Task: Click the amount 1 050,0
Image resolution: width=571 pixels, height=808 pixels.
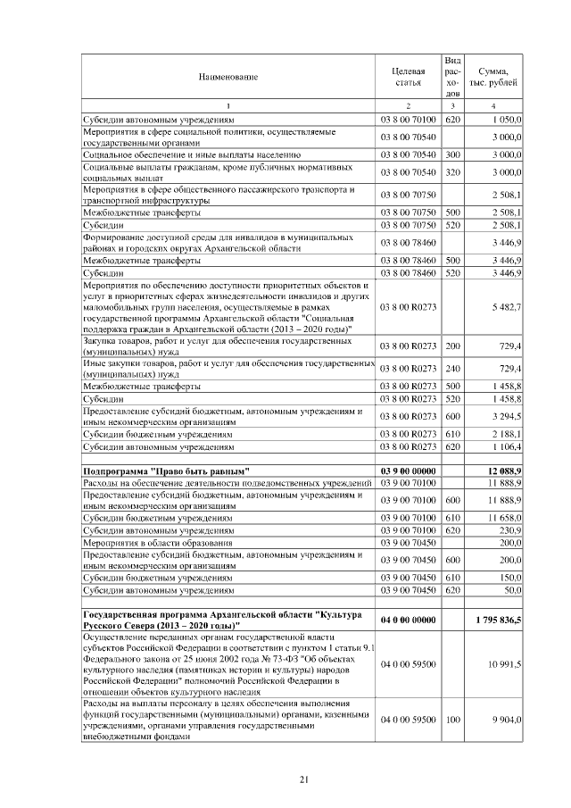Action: coord(505,119)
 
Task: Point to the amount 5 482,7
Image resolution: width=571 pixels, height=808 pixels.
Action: coord(505,308)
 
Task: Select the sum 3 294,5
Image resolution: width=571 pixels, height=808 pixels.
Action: coord(505,417)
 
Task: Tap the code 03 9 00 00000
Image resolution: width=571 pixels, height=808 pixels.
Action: coord(408,471)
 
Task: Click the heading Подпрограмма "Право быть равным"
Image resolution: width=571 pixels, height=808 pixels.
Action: coord(166,471)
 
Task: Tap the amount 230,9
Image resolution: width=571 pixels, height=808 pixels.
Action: coord(508,530)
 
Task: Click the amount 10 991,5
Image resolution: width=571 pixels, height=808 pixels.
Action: coord(503,665)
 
